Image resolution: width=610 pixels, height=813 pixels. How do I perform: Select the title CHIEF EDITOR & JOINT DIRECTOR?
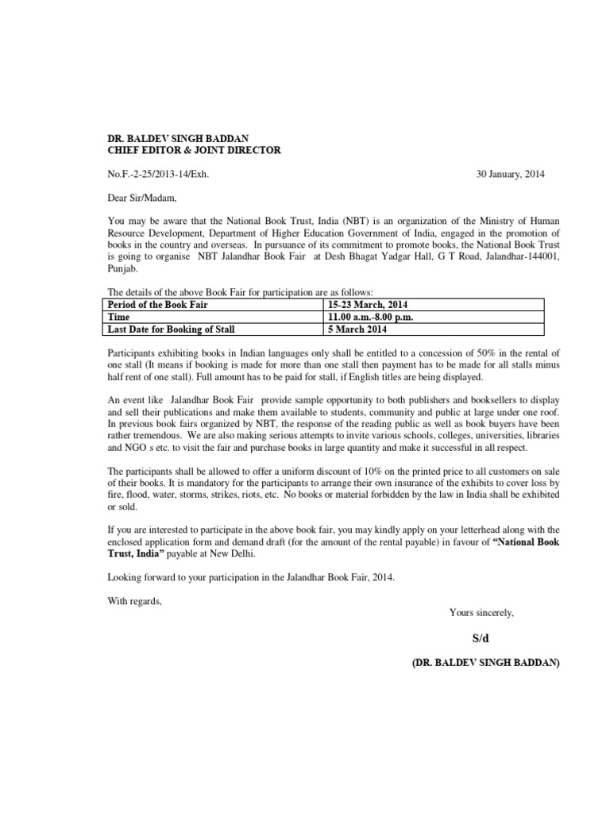click(x=194, y=150)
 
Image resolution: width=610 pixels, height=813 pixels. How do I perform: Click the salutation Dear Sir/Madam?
click(x=139, y=196)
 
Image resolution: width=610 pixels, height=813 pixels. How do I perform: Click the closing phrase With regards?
click(x=134, y=600)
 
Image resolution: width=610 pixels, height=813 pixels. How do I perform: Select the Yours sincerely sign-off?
click(x=481, y=612)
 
